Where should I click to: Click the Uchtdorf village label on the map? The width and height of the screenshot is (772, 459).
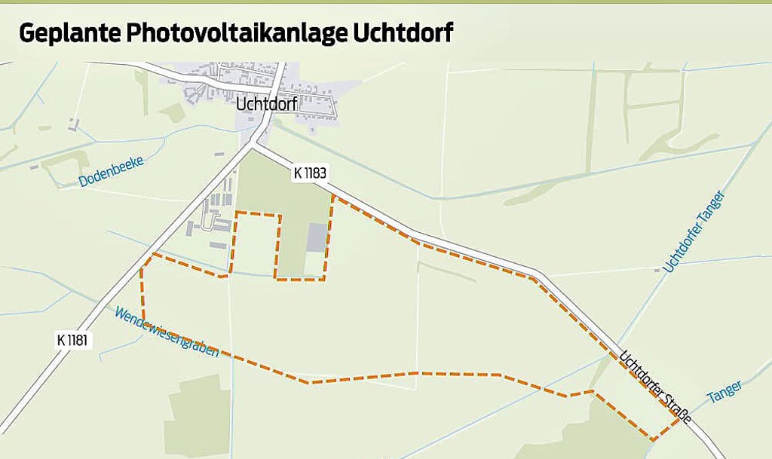click(x=265, y=105)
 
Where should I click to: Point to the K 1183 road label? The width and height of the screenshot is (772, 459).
click(x=310, y=173)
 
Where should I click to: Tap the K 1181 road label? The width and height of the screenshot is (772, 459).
click(x=73, y=339)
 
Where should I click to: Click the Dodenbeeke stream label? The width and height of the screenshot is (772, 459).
click(x=110, y=173)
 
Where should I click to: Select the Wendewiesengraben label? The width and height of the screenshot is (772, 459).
click(x=167, y=332)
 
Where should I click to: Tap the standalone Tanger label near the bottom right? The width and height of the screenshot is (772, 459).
click(x=725, y=391)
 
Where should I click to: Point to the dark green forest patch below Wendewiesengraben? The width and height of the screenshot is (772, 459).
click(x=198, y=415)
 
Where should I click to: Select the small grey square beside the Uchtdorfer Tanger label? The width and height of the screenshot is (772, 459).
click(x=657, y=269)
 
